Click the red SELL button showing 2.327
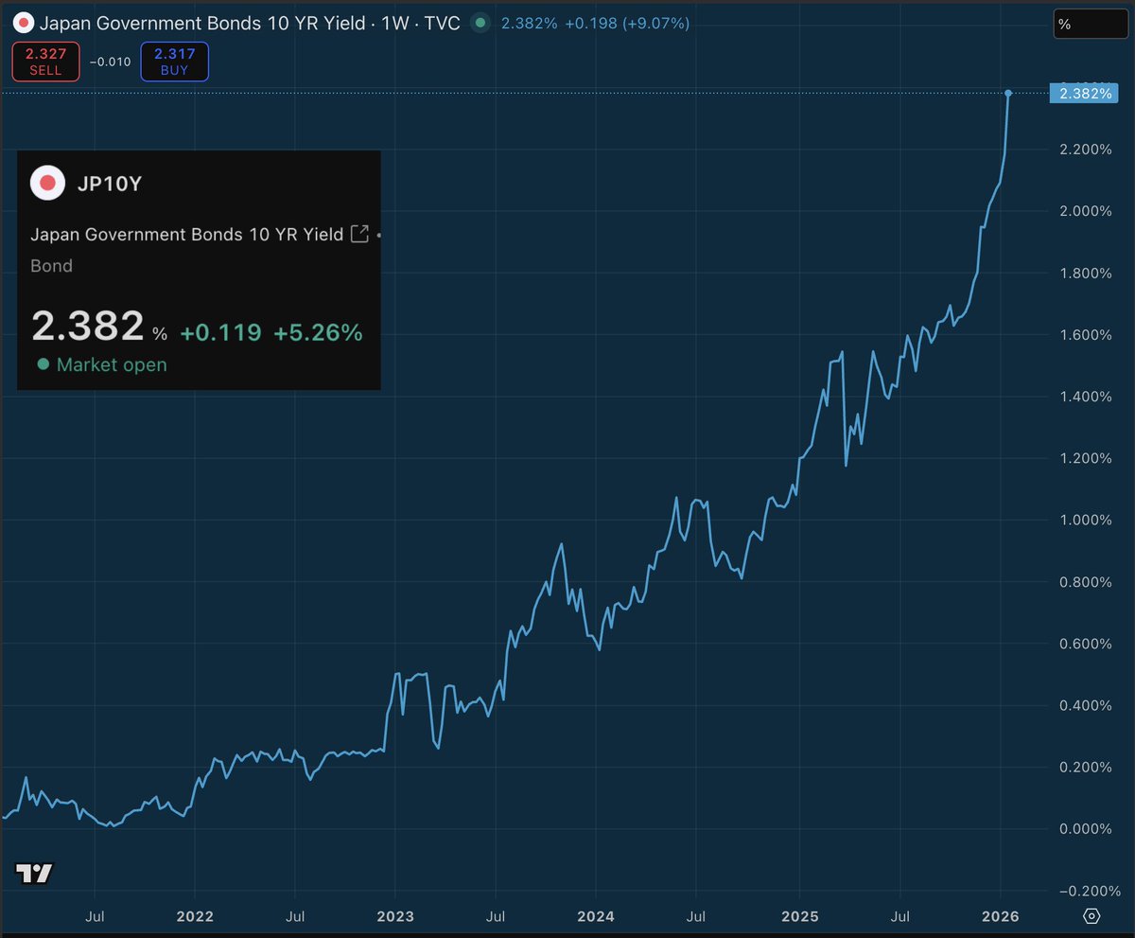coord(45,62)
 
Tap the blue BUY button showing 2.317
coord(174,62)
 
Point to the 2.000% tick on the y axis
coord(1085,211)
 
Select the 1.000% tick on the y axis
coord(1085,520)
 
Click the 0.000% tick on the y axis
coord(1085,829)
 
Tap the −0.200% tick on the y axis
coord(1082,891)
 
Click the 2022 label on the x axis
coord(194,916)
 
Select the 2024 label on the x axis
coord(596,916)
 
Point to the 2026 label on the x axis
coord(1000,916)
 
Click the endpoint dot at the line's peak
coord(1008,93)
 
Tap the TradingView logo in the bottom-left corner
coord(34,874)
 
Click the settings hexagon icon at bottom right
coord(1091,916)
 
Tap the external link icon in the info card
coord(359,234)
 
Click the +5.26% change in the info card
coord(318,332)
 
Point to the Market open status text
coord(112,364)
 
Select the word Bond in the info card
coord(51,266)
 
